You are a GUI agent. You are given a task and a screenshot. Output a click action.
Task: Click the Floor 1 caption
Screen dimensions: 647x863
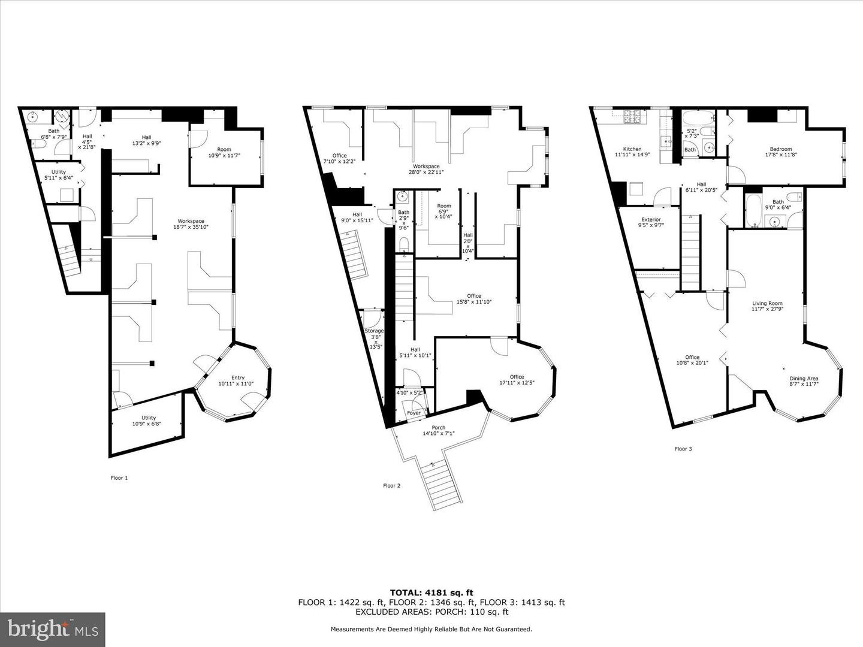coord(119,477)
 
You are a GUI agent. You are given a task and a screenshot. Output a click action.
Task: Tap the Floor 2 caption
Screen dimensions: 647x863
coord(391,485)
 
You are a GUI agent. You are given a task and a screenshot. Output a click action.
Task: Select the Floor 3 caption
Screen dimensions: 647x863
coord(683,449)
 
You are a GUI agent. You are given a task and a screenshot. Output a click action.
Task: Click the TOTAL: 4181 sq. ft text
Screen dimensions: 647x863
coord(431,593)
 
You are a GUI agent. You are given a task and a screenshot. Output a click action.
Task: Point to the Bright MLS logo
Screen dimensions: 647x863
coord(53,629)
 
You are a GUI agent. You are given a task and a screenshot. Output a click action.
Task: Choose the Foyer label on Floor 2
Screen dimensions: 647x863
coord(414,413)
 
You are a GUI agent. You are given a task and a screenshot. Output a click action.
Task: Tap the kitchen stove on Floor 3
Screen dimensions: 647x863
coord(633,117)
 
